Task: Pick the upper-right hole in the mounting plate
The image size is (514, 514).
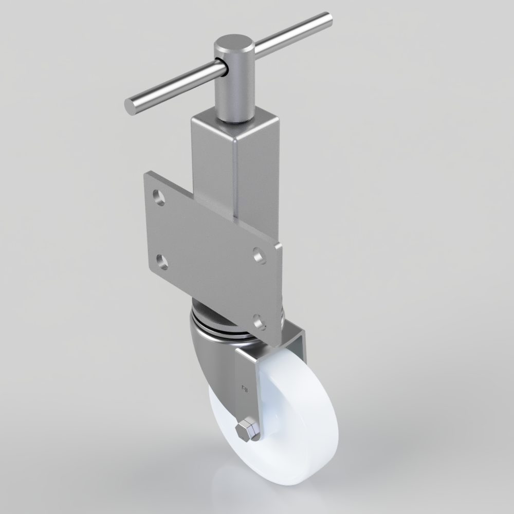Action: click(x=260, y=255)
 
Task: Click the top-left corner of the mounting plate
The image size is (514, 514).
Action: click(x=146, y=175)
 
